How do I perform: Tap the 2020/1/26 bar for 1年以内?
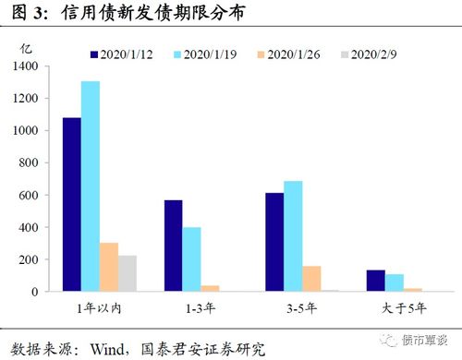click(108, 267)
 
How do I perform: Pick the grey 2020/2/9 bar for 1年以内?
click(127, 273)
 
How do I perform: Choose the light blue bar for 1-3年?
click(191, 259)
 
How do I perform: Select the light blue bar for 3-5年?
click(293, 236)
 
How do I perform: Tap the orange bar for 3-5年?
click(311, 279)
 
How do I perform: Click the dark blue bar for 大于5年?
click(375, 281)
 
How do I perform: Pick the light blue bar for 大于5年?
click(394, 282)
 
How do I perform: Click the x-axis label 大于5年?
click(401, 306)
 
